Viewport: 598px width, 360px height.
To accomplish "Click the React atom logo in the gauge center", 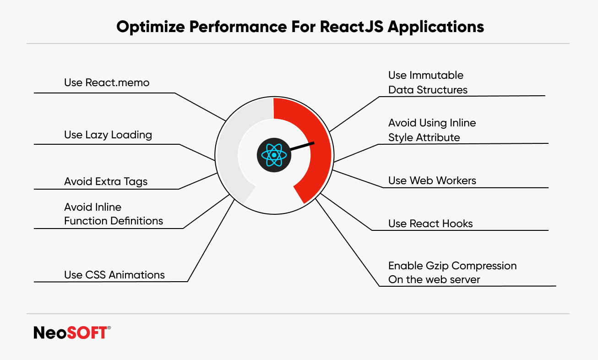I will pyautogui.click(x=274, y=155).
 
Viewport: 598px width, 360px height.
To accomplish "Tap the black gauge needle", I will pyautogui.click(x=302, y=146).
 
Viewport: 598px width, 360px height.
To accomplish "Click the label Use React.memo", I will pyautogui.click(x=107, y=82).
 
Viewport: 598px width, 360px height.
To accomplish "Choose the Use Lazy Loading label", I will pyautogui.click(x=108, y=135).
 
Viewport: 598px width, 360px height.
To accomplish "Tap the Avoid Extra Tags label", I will pyautogui.click(x=106, y=181).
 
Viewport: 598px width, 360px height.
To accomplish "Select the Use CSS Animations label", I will pyautogui.click(x=114, y=275).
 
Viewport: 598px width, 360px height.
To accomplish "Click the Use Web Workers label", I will pyautogui.click(x=432, y=180).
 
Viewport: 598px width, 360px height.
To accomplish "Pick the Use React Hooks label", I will pyautogui.click(x=430, y=224).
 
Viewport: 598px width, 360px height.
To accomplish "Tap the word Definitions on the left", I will pyautogui.click(x=132, y=221).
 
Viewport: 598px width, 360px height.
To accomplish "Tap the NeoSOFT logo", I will pyautogui.click(x=71, y=333).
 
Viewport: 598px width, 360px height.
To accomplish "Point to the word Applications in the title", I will pyautogui.click(x=436, y=27).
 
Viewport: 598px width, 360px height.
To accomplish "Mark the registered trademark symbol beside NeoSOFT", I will pyautogui.click(x=109, y=328).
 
